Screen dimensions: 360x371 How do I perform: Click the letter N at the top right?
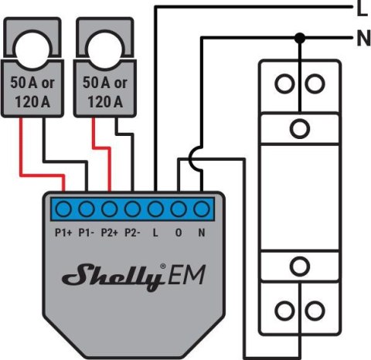(362, 37)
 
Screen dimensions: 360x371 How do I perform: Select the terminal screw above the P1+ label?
(63, 209)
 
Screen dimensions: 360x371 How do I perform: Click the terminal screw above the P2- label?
(132, 209)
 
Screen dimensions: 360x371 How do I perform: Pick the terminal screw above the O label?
(179, 209)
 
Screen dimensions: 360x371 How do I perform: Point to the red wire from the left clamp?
(23, 155)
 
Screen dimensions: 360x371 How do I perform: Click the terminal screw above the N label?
(202, 209)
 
